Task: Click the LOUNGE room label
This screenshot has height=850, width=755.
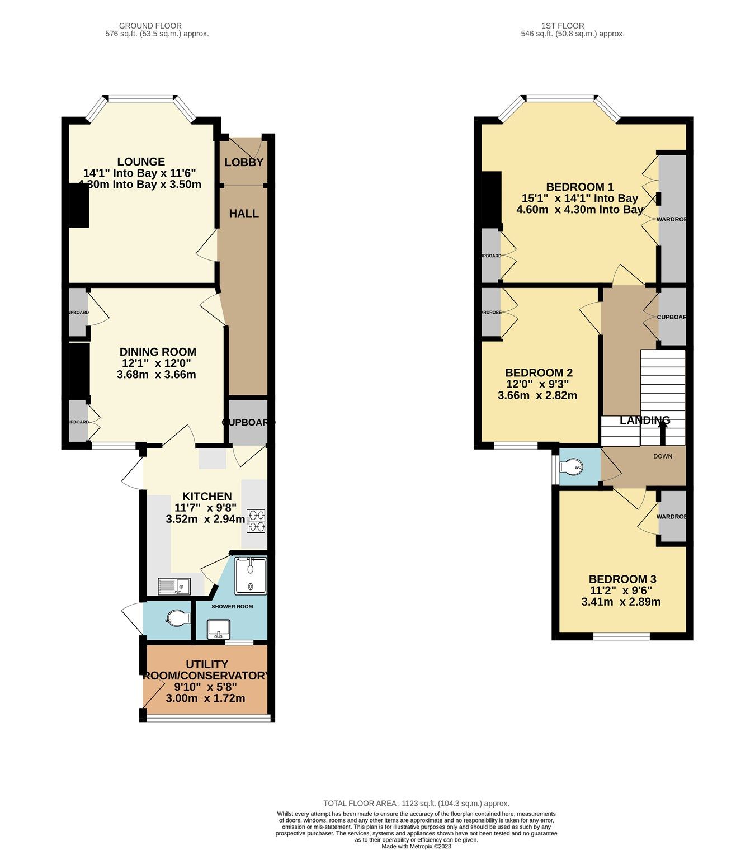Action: tap(141, 162)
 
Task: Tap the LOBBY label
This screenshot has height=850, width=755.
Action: tap(244, 163)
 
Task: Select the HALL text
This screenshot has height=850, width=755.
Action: tap(244, 214)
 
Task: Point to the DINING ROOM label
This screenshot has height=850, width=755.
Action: tap(158, 352)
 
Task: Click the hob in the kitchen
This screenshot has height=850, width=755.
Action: tap(256, 520)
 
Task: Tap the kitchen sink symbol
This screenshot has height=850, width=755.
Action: tap(174, 586)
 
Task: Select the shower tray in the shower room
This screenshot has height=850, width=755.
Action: tap(251, 575)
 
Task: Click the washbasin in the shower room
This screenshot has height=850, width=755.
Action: tap(219, 629)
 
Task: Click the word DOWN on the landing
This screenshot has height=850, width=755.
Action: tap(663, 456)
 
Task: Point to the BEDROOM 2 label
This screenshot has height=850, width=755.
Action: tap(539, 373)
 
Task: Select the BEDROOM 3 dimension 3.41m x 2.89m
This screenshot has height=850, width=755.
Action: tap(621, 602)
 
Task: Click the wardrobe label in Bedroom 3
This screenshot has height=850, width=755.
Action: tap(671, 517)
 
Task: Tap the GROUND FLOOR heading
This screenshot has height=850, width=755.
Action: tap(150, 26)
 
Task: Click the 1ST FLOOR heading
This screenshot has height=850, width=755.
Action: tap(563, 26)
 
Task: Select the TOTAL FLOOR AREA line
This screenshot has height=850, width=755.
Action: tap(416, 804)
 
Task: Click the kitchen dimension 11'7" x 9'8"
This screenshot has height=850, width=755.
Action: tap(206, 508)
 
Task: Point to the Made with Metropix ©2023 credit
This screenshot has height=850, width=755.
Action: tap(416, 846)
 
